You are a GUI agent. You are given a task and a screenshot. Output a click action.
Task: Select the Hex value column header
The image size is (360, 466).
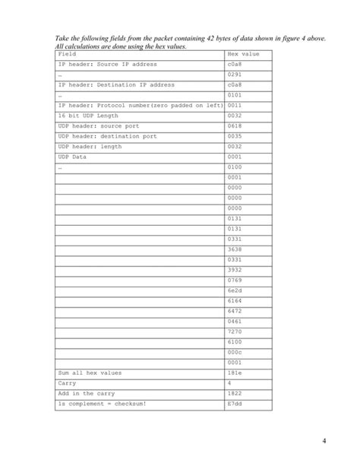243,55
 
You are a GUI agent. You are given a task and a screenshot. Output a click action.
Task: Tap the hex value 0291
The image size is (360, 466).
235,75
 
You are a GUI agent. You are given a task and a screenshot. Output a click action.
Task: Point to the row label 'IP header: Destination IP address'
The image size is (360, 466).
116,85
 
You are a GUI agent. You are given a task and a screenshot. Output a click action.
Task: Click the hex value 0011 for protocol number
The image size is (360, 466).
235,106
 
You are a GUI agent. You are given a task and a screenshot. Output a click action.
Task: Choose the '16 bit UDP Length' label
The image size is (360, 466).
88,116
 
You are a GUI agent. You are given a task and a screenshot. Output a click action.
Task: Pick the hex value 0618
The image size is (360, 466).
235,126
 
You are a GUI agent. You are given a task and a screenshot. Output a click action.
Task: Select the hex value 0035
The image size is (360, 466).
235,136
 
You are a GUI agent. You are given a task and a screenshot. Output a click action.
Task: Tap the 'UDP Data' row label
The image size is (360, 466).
73,157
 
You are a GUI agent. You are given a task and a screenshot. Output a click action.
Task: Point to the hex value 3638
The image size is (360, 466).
235,249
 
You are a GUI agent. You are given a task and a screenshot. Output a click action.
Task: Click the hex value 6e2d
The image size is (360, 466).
235,290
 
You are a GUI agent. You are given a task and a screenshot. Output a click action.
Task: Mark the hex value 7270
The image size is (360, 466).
235,331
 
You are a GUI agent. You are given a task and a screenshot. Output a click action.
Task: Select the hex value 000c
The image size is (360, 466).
235,352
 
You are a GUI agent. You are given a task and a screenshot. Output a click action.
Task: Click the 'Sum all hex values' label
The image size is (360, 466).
90,372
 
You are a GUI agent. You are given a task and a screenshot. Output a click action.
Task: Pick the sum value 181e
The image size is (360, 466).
235,372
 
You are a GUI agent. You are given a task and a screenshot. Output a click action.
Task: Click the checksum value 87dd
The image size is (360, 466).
235,404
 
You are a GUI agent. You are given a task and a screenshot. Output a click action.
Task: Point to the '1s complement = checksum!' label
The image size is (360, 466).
103,404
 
